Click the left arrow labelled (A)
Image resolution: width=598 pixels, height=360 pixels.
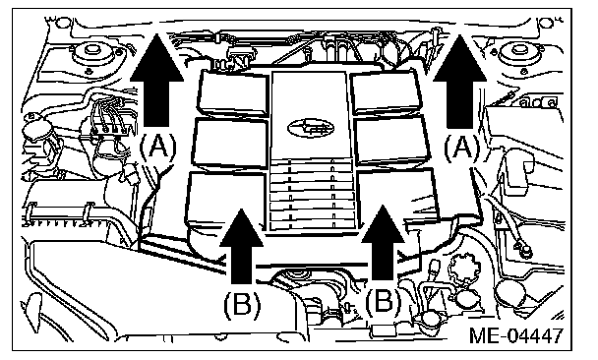point(156,80)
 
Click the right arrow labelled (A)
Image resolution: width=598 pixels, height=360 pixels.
point(459,81)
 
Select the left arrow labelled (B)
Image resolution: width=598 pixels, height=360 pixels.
point(241,246)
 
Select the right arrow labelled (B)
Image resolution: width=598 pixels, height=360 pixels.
point(383,243)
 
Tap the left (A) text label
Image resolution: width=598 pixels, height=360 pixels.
point(158,148)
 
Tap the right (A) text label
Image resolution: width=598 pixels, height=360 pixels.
point(462,149)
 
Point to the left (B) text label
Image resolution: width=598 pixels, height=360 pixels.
point(242,305)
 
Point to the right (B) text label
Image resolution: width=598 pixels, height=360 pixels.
point(384,302)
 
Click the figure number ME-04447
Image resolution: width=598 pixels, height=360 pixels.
point(516,335)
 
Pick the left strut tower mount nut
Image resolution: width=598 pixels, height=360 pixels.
point(91,50)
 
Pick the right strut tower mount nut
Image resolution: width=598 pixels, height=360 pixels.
point(517,49)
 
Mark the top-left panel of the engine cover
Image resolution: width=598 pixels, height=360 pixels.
point(233,92)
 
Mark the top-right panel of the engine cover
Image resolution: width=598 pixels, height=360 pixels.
point(388,91)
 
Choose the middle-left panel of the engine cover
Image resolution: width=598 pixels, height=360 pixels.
point(230,143)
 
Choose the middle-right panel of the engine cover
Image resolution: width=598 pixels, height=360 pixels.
point(391,141)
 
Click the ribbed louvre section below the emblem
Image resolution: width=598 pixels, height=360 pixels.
point(312,195)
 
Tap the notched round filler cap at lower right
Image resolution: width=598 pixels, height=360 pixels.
point(464,268)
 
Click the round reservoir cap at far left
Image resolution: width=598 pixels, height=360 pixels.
point(37,129)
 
